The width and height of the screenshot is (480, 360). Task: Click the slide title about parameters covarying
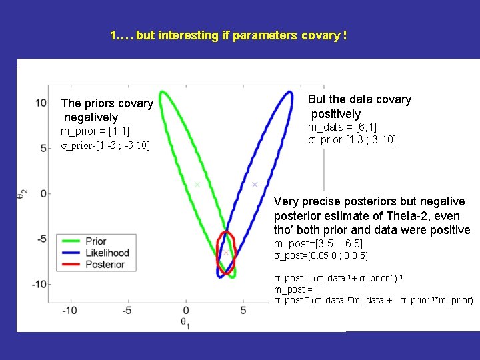(228, 35)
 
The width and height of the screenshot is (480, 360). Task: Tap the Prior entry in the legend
(95, 241)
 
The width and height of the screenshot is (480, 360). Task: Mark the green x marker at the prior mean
(197, 185)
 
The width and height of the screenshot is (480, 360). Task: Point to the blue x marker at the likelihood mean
(255, 185)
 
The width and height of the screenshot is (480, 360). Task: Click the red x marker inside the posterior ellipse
(226, 253)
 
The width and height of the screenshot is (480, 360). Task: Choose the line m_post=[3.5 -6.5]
(318, 244)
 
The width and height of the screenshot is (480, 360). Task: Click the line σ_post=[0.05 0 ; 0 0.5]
(321, 256)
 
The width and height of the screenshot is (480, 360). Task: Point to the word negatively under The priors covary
(89, 118)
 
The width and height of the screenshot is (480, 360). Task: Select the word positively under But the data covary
(335, 114)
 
